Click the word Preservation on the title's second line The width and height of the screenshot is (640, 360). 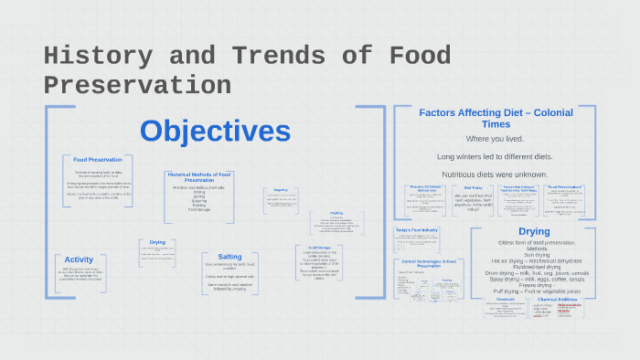pos(137,85)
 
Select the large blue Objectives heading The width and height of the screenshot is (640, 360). pos(215,131)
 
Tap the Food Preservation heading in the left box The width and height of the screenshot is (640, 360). pos(98,159)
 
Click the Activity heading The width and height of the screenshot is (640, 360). pos(80,259)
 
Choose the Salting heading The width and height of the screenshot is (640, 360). pos(230,257)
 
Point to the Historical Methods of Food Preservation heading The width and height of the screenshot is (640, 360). pos(199,176)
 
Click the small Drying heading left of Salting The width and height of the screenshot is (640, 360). pos(157,242)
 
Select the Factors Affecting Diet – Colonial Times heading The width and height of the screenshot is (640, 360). pos(495,118)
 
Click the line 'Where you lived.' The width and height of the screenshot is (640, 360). pos(495,138)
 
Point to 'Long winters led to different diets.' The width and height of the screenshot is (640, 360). pos(495,156)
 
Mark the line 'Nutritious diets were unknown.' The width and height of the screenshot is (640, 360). pos(495,174)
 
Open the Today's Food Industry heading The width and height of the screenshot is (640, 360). pos(417,229)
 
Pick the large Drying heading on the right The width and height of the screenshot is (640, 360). pos(534,232)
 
